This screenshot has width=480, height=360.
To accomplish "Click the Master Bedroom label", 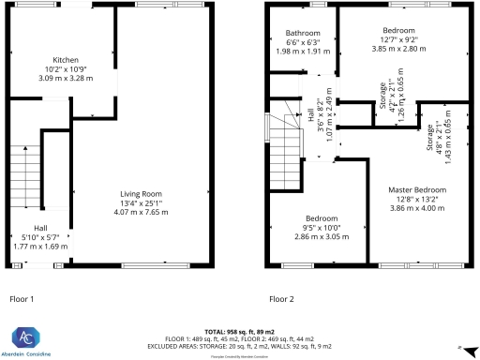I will (x=417, y=190).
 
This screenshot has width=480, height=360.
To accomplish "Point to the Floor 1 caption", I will (x=22, y=299).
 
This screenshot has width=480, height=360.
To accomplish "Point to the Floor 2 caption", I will (x=282, y=299).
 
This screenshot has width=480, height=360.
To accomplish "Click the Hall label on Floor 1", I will (x=41, y=228).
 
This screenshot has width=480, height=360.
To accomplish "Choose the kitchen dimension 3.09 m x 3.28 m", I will (x=65, y=78).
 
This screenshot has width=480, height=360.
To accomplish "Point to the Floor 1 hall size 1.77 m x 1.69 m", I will (x=41, y=247).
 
